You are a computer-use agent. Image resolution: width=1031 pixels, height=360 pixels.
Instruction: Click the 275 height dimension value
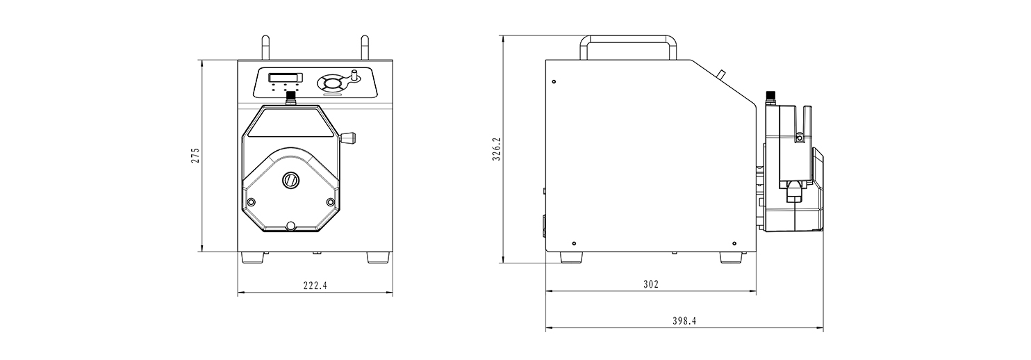196,156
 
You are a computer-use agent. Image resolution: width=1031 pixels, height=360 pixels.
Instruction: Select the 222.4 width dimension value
315,286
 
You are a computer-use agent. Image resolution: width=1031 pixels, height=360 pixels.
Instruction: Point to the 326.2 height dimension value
496,149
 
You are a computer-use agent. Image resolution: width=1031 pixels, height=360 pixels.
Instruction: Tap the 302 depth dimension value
651,284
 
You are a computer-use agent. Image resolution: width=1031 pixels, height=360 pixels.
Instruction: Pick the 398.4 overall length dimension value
684,321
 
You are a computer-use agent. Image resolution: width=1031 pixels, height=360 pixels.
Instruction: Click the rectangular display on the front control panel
286,77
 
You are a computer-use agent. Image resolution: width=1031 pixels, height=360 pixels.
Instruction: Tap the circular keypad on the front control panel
331,83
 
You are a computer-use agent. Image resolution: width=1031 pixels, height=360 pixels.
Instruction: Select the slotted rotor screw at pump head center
290,180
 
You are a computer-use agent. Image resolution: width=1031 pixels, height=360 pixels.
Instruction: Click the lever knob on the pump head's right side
349,138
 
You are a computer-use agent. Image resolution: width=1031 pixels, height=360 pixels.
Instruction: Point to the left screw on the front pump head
251,202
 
